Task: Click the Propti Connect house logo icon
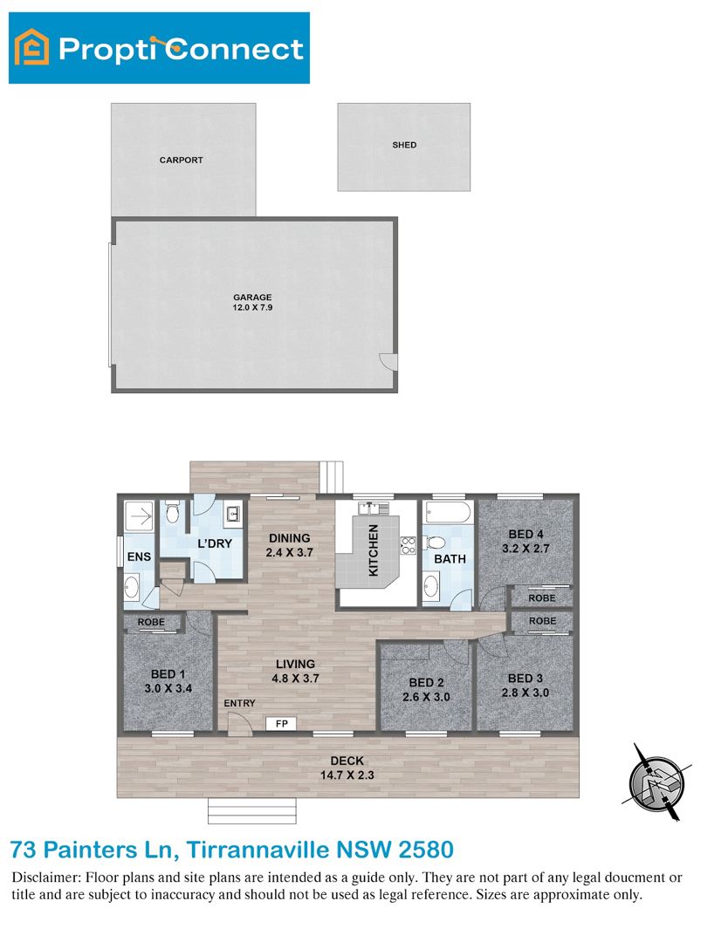(x=32, y=47)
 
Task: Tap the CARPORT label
(x=181, y=160)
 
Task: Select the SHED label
(x=404, y=145)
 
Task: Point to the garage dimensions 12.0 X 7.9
(x=252, y=308)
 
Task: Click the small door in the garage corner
(x=388, y=362)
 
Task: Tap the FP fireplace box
(x=281, y=723)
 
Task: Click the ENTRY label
(x=239, y=703)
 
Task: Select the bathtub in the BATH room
(x=448, y=513)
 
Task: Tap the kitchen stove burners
(x=409, y=545)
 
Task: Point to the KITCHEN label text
(x=374, y=549)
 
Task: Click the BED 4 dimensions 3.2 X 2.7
(x=526, y=549)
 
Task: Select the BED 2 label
(x=426, y=682)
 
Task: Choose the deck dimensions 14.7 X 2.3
(x=347, y=775)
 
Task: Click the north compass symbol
(x=656, y=782)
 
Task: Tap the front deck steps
(x=252, y=811)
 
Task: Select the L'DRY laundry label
(x=215, y=543)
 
